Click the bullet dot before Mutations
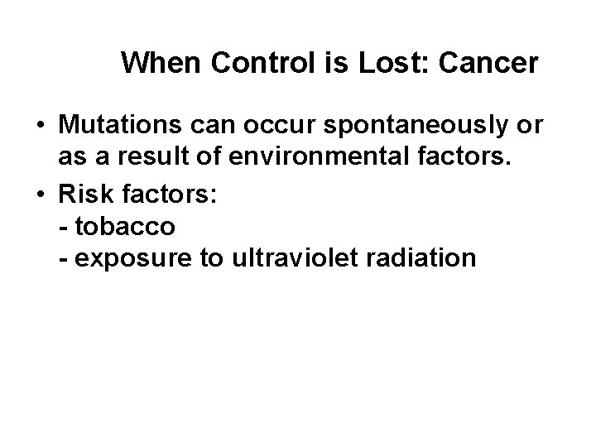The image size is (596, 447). pos(40,127)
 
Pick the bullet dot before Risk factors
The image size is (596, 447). pos(40,191)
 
